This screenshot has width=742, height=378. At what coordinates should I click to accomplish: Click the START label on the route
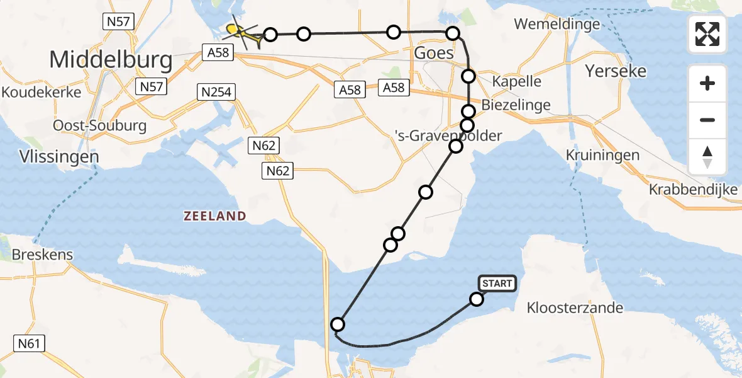coord(497,283)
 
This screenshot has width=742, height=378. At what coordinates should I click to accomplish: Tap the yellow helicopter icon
coord(243,33)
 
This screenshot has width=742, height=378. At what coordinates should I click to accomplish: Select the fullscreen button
coord(707,34)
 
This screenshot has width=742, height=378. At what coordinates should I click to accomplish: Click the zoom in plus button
coord(707,83)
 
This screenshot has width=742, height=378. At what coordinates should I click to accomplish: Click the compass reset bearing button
coord(707,157)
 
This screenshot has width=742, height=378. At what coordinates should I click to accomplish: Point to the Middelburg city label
coord(111,60)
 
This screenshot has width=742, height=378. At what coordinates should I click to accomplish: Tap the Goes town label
coord(434,53)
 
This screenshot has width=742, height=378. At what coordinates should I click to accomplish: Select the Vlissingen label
coord(50,156)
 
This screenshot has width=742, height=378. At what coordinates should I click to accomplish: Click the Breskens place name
coord(43,255)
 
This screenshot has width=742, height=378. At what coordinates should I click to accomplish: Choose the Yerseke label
coord(616,71)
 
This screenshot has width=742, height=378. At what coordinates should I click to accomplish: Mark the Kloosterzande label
coord(575,308)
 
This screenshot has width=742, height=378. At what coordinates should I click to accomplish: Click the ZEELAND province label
coord(214,216)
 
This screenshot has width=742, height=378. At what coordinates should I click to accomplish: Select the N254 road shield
coord(216,93)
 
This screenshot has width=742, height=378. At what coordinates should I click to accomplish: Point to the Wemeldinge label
coord(556,25)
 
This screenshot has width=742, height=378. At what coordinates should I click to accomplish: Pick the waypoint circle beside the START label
coord(477,299)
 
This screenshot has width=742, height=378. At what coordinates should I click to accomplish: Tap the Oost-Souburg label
coord(99,125)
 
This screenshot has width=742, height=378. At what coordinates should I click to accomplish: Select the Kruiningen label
coord(602,155)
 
